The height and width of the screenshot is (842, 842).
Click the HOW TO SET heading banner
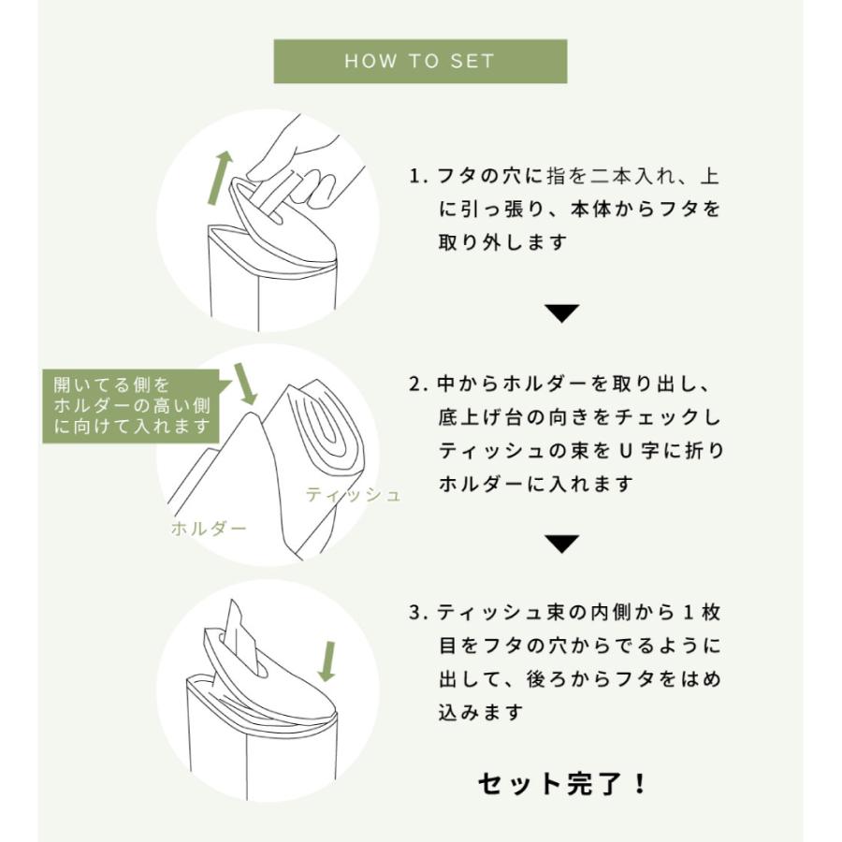click(419, 62)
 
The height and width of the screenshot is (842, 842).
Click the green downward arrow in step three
click(327, 661)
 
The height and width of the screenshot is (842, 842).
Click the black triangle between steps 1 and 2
click(562, 313)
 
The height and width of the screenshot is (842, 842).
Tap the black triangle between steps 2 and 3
click(562, 544)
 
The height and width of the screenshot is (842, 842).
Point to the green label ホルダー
click(209, 529)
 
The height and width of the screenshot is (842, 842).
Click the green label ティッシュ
click(353, 495)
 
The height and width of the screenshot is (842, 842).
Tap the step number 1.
click(414, 176)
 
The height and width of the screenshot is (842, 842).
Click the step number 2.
click(414, 384)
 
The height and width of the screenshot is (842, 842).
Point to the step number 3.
click(414, 614)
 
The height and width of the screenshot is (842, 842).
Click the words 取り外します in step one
click(503, 243)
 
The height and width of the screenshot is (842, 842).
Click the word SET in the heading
click(472, 62)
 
